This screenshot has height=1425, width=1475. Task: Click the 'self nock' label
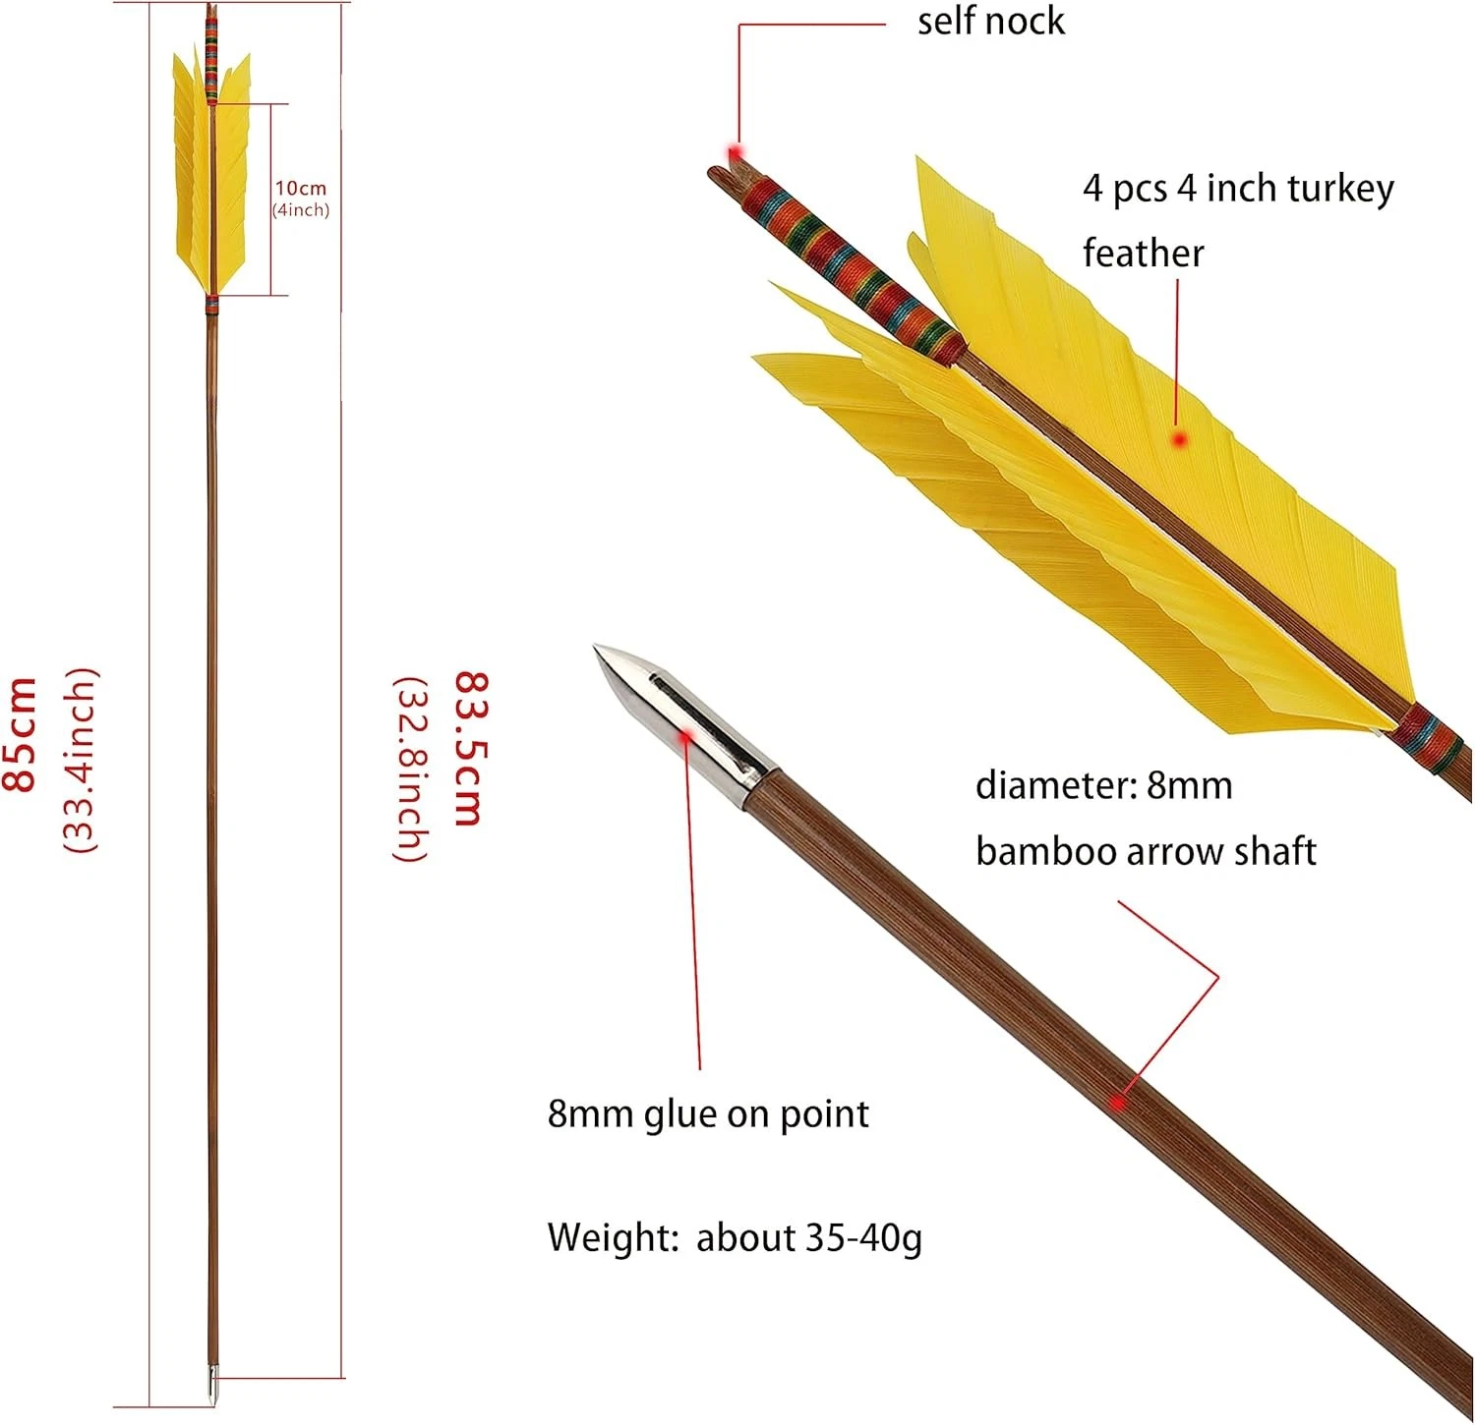pyautogui.click(x=990, y=22)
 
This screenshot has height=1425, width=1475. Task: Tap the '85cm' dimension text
pyautogui.click(x=22, y=733)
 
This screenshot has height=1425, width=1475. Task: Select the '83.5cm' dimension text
pyautogui.click(x=470, y=748)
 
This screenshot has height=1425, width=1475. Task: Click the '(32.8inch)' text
pyautogui.click(x=411, y=769)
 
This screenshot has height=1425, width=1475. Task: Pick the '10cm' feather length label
pyautogui.click(x=300, y=188)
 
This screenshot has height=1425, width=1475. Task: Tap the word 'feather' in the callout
pyautogui.click(x=1143, y=254)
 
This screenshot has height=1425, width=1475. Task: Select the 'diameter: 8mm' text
pyautogui.click(x=1103, y=786)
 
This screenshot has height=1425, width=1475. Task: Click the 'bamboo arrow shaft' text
pyautogui.click(x=1145, y=851)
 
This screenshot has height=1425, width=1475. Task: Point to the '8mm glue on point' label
pyautogui.click(x=708, y=1114)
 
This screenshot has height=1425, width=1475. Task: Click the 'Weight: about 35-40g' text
pyautogui.click(x=734, y=1237)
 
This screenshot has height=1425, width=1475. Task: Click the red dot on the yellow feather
pyautogui.click(x=1180, y=439)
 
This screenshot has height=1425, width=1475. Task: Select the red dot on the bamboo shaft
pyautogui.click(x=1118, y=1103)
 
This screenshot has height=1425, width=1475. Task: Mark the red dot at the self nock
pyautogui.click(x=734, y=152)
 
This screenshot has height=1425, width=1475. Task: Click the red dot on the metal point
pyautogui.click(x=686, y=733)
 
